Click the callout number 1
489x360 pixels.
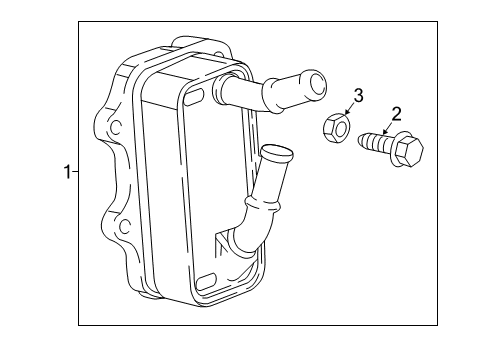pos(67,173)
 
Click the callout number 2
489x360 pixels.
pos(397,113)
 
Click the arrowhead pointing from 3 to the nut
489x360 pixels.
pos(343,115)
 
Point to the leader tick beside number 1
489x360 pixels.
pos(76,173)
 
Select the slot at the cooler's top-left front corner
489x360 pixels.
pos(194,96)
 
